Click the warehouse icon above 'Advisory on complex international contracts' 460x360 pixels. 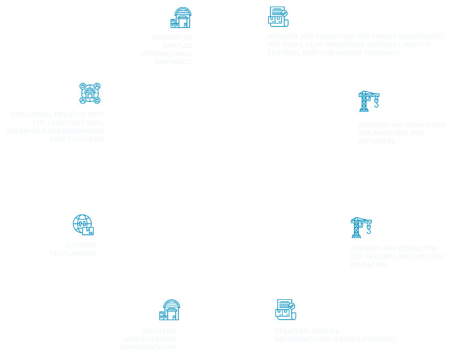[x=180, y=18]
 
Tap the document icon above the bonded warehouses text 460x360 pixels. [x=278, y=16]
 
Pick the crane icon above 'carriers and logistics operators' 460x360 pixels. [x=361, y=227]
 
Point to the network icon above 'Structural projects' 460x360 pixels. [x=90, y=93]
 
